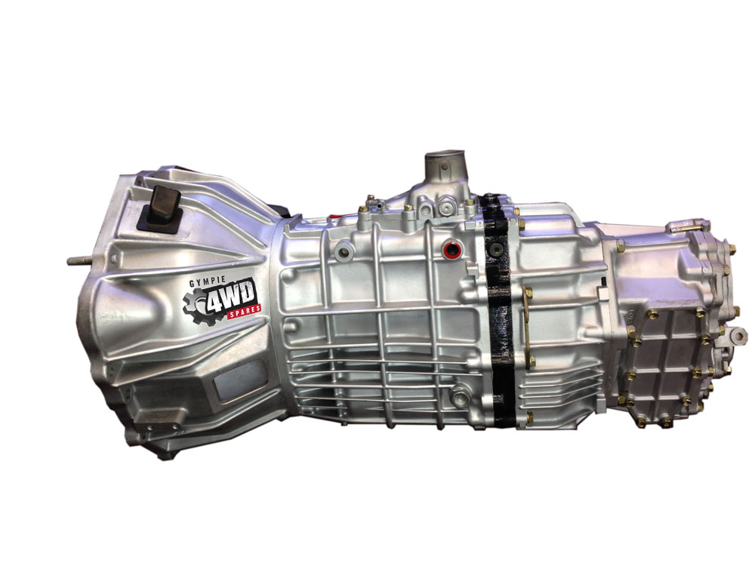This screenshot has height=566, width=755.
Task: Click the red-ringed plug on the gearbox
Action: click(451, 250)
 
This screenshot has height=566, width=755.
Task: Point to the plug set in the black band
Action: click(496, 251)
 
